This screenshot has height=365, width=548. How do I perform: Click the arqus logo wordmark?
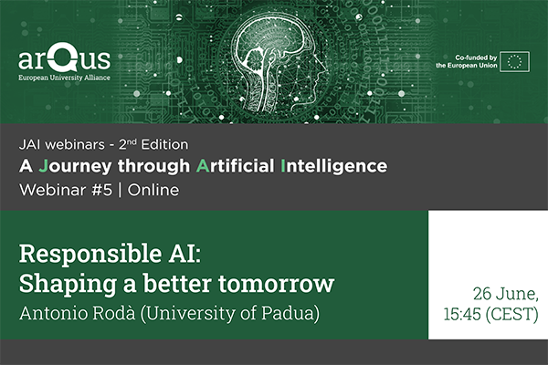click(x=64, y=56)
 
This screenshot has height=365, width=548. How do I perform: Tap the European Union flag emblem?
click(x=514, y=62)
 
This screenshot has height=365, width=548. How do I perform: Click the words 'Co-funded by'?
click(x=476, y=57)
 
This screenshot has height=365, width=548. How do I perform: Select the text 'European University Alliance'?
click(x=64, y=78)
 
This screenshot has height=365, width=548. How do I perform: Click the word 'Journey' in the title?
click(x=75, y=166)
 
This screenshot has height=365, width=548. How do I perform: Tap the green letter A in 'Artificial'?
click(x=203, y=166)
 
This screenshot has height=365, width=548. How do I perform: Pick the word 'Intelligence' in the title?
click(x=333, y=166)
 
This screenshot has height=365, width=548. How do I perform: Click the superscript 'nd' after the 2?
click(x=132, y=141)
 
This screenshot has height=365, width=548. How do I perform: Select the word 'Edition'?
click(x=164, y=144)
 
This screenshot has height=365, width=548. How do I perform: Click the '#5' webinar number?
click(x=102, y=190)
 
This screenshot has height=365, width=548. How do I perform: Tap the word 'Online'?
click(x=153, y=190)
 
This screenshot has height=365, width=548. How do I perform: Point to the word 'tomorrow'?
click(x=277, y=283)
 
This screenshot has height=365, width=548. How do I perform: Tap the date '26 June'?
click(x=505, y=294)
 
